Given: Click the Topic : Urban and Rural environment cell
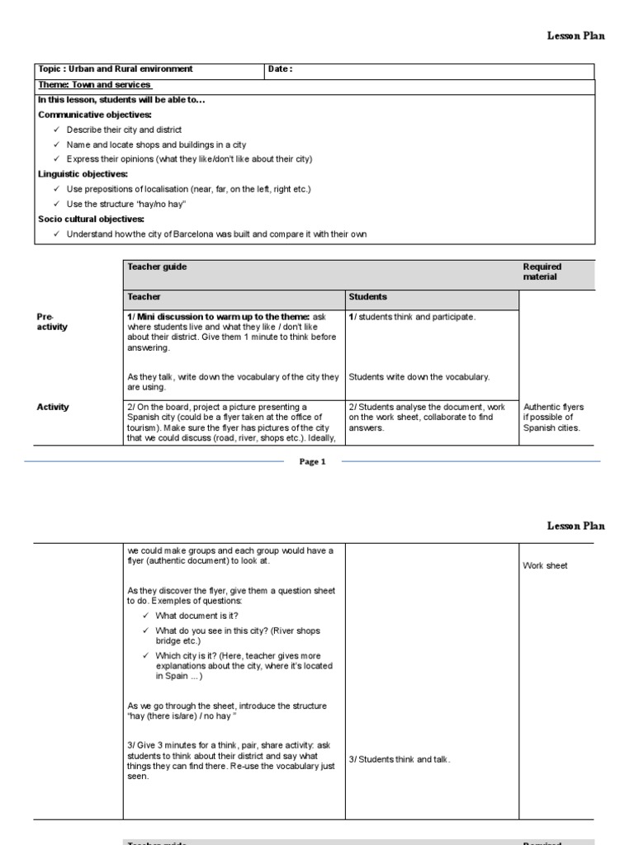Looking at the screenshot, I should (116, 69).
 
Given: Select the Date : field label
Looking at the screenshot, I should (281, 69).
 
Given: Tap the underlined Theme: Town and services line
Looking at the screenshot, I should (95, 85).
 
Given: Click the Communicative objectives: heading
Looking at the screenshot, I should (95, 115).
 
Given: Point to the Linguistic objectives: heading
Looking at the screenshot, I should (83, 174).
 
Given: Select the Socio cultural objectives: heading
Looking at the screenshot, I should (92, 219).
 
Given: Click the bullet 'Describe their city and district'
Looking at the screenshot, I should (125, 130).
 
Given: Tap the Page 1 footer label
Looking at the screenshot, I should (312, 462).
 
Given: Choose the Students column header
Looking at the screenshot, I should (367, 296).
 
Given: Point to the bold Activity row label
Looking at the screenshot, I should (53, 407).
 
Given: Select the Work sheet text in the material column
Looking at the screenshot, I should (545, 566).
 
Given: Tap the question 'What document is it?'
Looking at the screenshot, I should (197, 616).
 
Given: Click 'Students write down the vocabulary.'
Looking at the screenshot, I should (419, 377).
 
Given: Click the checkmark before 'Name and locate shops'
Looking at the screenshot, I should (56, 144).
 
